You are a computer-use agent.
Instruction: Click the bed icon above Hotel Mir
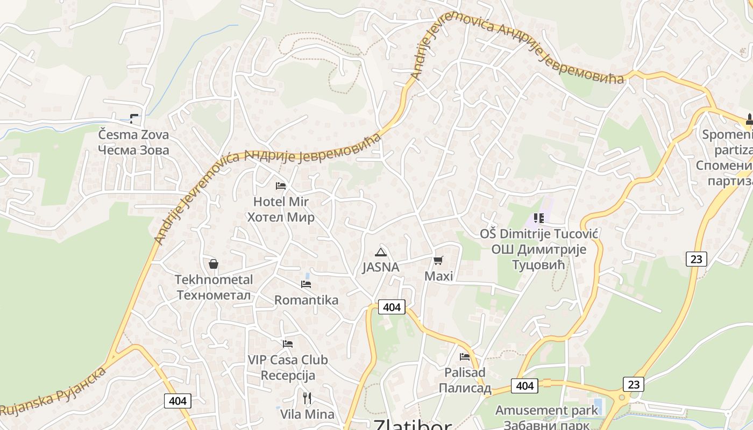pos(280,186)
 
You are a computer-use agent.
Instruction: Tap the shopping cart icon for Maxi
pos(438,260)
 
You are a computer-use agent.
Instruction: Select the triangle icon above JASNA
pos(381,252)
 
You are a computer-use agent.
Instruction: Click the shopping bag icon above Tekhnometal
pos(214,264)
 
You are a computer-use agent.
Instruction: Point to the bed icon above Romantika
pos(306,284)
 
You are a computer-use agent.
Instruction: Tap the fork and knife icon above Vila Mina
pos(307,398)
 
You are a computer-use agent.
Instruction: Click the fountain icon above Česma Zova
pos(134,118)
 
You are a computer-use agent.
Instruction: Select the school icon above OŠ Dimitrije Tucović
pos(539,218)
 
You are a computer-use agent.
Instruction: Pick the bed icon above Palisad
pos(465,356)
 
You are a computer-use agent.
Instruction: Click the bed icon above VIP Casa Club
pos(288,343)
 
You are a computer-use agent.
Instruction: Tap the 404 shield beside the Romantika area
pos(392,307)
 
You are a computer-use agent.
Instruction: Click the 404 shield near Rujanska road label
pos(177,400)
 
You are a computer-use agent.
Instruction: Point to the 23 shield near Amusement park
pos(634,384)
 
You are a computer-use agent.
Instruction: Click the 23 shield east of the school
pos(696,259)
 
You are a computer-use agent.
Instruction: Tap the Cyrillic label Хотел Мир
pos(280,217)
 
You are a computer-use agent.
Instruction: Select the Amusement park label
pos(546,410)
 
